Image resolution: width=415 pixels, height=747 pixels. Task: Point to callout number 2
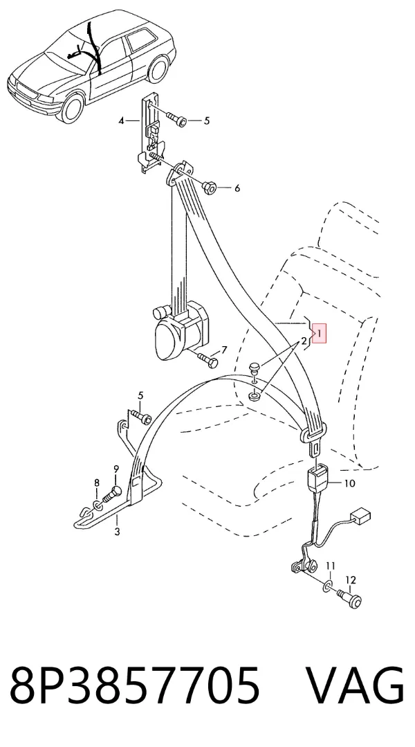coord(303,341)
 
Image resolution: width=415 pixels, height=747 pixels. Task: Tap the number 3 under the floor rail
coord(117,532)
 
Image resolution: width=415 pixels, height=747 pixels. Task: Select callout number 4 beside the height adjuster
coord(122,121)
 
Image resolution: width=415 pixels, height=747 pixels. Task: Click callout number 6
coord(237,188)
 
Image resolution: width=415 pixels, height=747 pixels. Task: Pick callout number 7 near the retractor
coord(224,350)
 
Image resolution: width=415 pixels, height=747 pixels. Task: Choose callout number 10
coord(349,483)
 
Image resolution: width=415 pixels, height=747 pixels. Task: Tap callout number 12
coord(350,580)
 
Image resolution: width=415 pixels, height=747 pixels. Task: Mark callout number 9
coord(116,470)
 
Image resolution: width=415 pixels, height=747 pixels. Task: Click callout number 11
coord(331,566)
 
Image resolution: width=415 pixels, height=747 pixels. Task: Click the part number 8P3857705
coord(135,685)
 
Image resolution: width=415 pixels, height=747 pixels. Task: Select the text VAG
coord(355,685)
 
